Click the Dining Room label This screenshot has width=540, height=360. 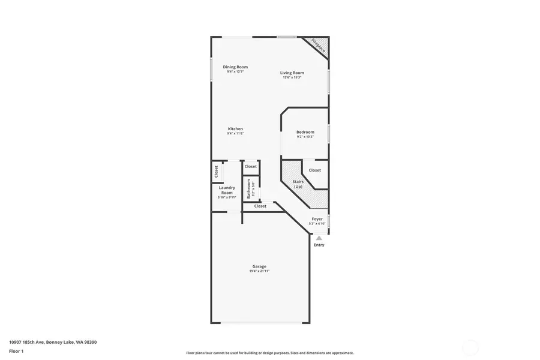[x=235, y=67]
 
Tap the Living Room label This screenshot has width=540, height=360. [x=292, y=73]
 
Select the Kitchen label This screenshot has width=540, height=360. [x=235, y=128]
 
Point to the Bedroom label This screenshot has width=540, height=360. [x=305, y=132]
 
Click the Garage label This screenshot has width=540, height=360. [x=259, y=266]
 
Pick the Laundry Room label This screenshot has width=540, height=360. [x=227, y=190]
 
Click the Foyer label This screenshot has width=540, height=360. [x=317, y=219]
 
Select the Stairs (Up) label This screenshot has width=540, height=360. [x=298, y=184]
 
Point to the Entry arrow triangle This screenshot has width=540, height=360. [x=319, y=238]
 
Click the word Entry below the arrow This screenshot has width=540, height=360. [x=319, y=245]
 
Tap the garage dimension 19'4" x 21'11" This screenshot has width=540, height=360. [x=259, y=272]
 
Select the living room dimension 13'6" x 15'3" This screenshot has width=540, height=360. [x=292, y=77]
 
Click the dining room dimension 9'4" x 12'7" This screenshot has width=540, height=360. [x=235, y=71]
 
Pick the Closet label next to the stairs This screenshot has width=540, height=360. [x=315, y=170]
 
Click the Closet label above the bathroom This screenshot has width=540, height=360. [x=250, y=166]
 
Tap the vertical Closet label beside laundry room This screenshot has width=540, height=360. [x=216, y=172]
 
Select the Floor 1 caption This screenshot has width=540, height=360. [x=16, y=351]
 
